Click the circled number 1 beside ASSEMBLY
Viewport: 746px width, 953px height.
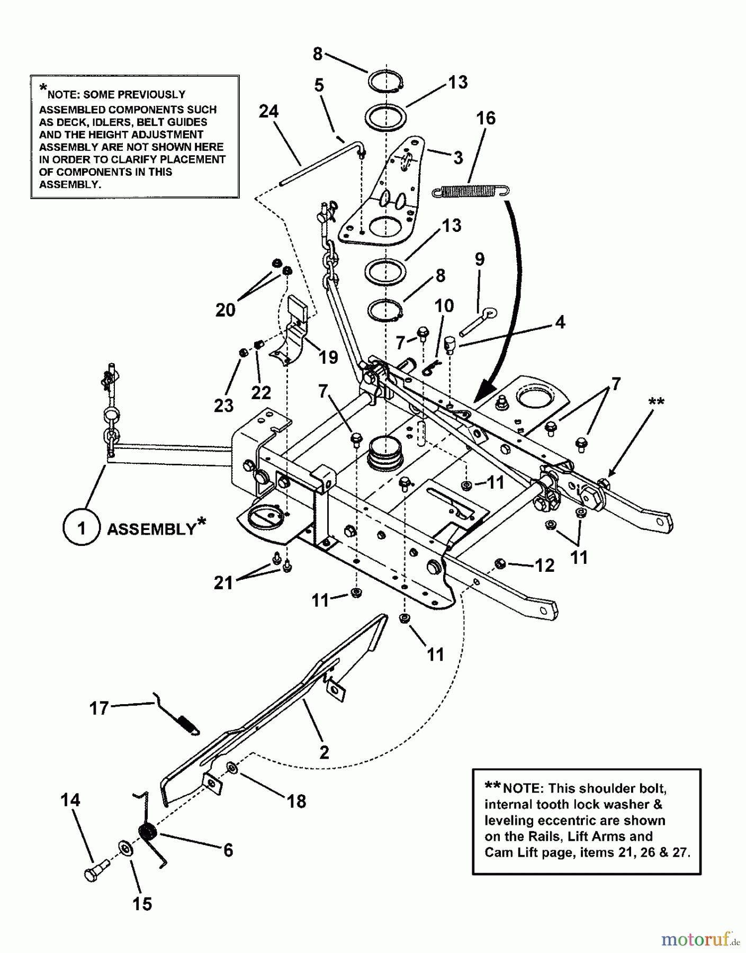(x=81, y=528)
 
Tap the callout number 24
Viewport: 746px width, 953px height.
(x=268, y=112)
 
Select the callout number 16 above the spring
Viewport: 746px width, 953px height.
(x=486, y=118)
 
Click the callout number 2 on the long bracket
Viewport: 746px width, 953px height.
(x=324, y=752)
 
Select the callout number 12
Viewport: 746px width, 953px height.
(x=544, y=565)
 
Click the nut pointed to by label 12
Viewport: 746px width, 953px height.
(x=500, y=563)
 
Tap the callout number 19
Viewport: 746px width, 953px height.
(x=328, y=357)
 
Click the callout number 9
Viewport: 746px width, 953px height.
(x=479, y=259)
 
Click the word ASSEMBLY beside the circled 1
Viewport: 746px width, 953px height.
(x=151, y=529)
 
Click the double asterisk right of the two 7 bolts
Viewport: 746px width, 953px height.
(x=655, y=402)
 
